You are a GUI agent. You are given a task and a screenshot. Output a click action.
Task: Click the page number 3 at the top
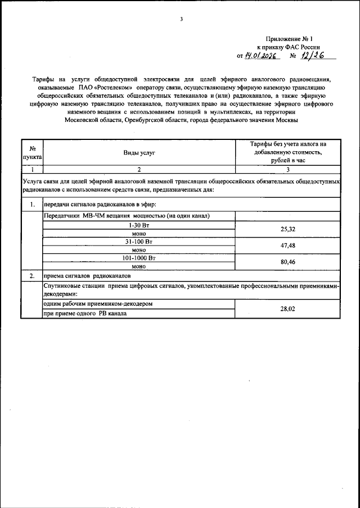click(181, 19)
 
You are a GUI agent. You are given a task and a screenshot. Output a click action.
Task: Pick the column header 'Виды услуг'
click(139, 152)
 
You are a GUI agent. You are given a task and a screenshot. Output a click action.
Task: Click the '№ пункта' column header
click(32, 152)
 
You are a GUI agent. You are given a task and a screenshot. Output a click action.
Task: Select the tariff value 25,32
click(287, 229)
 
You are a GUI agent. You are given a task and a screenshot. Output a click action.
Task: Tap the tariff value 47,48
click(287, 246)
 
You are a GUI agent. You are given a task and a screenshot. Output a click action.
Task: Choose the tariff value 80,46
click(287, 262)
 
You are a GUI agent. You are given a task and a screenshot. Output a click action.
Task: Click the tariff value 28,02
click(287, 309)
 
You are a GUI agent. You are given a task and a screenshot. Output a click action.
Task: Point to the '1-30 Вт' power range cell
click(139, 225)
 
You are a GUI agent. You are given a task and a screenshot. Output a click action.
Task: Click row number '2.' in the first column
click(32, 276)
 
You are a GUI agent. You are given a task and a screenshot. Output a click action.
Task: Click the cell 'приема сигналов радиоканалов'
click(90, 276)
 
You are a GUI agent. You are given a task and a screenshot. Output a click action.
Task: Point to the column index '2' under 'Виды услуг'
click(139, 169)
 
